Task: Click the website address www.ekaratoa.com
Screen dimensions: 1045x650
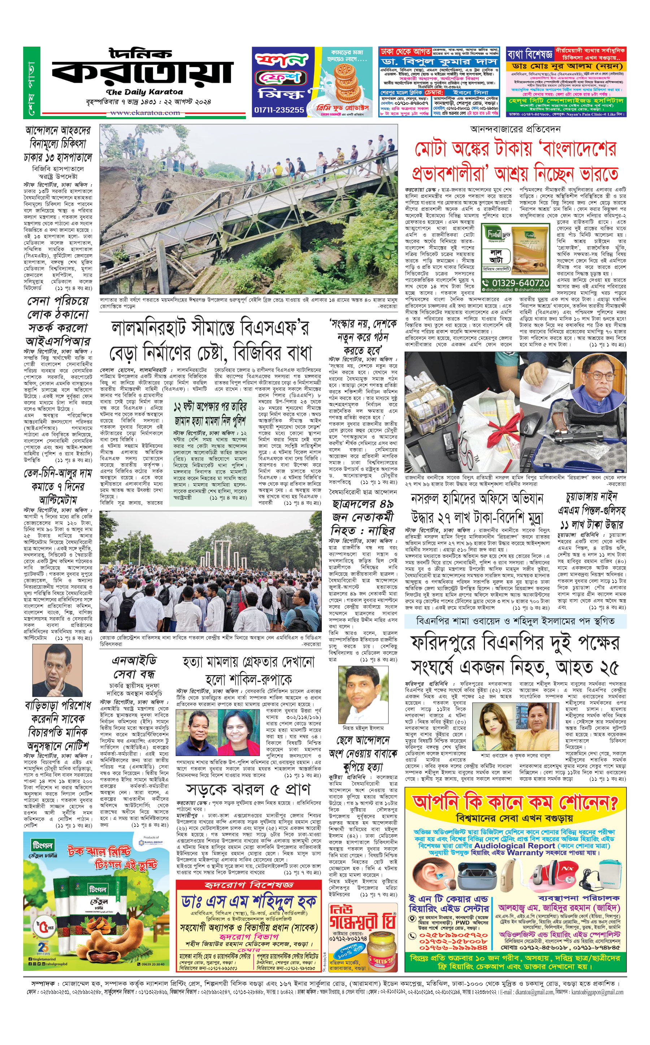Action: [145, 113]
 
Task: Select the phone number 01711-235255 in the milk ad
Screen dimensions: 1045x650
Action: [279, 110]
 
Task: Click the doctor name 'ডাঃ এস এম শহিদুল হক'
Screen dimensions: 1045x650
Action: [249, 902]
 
